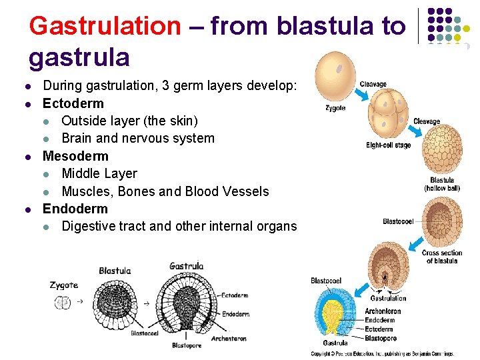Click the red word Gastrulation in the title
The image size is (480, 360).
(105, 26)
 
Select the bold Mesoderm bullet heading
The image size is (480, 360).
(75, 156)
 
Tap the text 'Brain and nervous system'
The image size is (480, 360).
(137, 139)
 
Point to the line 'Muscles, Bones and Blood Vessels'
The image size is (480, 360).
(165, 191)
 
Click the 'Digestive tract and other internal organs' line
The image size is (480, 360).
(179, 226)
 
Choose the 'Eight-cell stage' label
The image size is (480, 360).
(389, 145)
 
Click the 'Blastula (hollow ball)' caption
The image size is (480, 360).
(442, 184)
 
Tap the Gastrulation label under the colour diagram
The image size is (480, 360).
(388, 299)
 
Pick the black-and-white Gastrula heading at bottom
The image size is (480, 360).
(186, 265)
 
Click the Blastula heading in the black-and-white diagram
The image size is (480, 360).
(115, 271)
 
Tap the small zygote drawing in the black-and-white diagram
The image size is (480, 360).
(63, 303)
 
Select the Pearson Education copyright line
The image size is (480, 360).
(382, 353)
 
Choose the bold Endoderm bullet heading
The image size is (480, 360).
(75, 209)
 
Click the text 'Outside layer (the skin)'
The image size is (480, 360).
(129, 121)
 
